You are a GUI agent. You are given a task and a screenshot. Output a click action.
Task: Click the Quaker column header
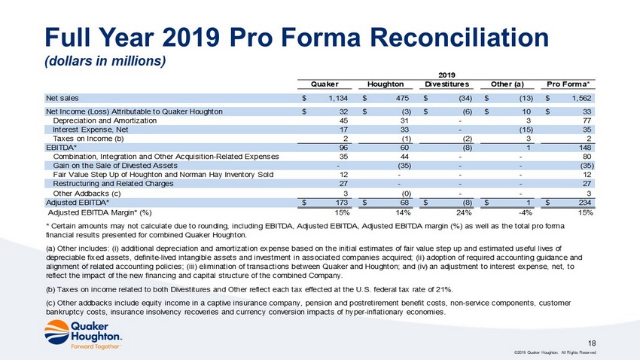coord(325,84)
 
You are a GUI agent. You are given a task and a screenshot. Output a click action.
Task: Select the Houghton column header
coord(386,84)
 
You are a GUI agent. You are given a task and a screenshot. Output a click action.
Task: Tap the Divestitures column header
coord(446,84)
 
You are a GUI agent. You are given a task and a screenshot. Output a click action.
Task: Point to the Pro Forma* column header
coord(568,84)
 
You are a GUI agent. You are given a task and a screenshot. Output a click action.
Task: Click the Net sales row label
coord(62,98)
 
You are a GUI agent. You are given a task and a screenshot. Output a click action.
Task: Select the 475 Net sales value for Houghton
coord(402,99)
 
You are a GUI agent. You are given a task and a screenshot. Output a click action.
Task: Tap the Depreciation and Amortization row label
coord(105,121)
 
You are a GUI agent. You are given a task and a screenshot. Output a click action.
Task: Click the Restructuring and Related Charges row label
coord(113,184)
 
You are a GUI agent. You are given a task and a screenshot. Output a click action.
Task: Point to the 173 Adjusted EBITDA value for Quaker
coord(342,203)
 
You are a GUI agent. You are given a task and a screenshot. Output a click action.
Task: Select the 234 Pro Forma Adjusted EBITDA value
coord(585,203)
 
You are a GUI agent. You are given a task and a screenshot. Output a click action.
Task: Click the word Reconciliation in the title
coord(459,37)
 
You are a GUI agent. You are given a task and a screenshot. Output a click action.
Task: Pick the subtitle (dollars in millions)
coord(105,61)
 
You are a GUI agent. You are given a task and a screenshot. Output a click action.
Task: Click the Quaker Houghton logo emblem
coord(57,332)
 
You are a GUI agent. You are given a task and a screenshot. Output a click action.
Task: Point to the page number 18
coord(592,343)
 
